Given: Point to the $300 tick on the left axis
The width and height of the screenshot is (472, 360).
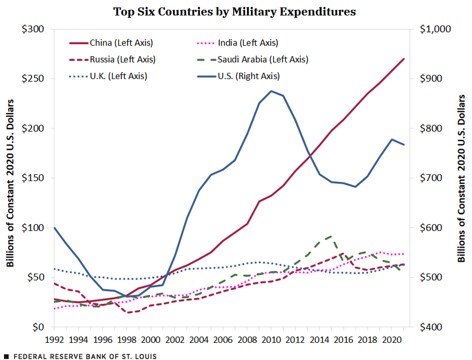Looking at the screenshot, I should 34,29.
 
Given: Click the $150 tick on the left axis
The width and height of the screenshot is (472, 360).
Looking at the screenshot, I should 34,178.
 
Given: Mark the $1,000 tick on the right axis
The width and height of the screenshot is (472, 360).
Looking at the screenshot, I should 436,29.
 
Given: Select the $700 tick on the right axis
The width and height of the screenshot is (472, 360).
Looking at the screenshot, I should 432,178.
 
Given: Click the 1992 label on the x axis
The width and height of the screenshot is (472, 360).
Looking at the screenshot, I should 55,339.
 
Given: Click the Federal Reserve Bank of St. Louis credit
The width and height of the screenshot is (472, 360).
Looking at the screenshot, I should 80,356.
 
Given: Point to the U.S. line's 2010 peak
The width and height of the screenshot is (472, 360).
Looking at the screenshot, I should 271,91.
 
